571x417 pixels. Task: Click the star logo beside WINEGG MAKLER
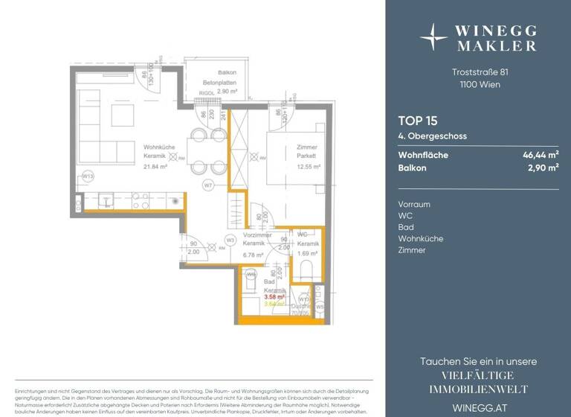[x=434, y=36]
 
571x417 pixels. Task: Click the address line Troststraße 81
[x=480, y=72]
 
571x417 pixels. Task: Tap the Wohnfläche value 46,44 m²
[x=541, y=156]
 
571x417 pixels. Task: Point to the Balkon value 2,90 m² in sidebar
[x=543, y=168]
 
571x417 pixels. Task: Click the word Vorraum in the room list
[x=414, y=204]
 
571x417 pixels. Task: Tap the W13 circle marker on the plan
[x=88, y=176]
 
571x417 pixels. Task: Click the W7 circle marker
[x=208, y=185]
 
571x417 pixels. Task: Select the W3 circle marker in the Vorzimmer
[x=230, y=240]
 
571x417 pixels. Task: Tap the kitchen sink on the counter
[x=104, y=200]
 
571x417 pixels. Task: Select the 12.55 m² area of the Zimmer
[x=308, y=168]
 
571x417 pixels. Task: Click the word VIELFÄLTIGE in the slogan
[x=478, y=375]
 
